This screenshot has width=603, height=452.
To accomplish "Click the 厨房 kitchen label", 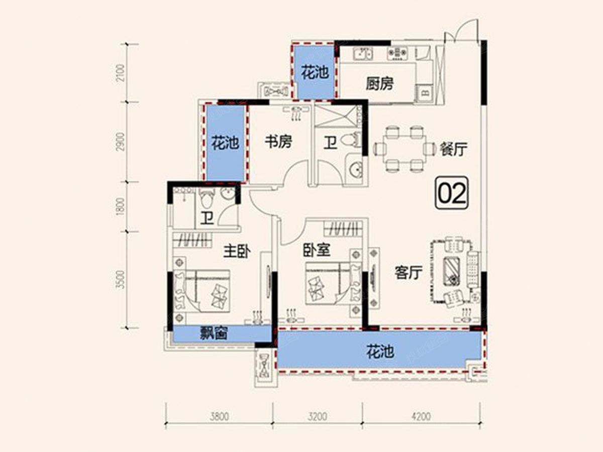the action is (x=380, y=83).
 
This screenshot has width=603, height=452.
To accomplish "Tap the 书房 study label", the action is (x=278, y=142).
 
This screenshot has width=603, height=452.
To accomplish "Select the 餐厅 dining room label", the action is (x=454, y=150).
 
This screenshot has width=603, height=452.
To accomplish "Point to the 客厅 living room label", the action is (x=409, y=273).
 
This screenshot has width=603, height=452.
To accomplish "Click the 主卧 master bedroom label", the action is (x=237, y=252).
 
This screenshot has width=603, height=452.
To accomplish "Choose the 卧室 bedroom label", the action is (x=317, y=250).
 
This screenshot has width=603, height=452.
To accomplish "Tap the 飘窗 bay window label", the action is (x=214, y=333).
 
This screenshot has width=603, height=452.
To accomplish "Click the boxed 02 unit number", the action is (x=452, y=193).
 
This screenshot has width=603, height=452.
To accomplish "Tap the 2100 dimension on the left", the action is (x=120, y=73).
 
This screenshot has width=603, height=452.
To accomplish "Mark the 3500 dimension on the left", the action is (x=120, y=280).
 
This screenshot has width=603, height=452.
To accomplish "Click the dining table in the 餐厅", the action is (x=405, y=149).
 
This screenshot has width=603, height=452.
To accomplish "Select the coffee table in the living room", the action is (x=451, y=270).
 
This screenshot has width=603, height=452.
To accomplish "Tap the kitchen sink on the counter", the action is (x=363, y=53).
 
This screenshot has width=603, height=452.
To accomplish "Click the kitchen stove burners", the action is (x=397, y=53).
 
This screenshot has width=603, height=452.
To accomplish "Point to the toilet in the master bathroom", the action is (x=207, y=198).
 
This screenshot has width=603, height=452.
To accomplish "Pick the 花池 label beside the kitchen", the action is (x=315, y=73).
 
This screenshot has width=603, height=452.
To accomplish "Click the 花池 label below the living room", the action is (x=380, y=352).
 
